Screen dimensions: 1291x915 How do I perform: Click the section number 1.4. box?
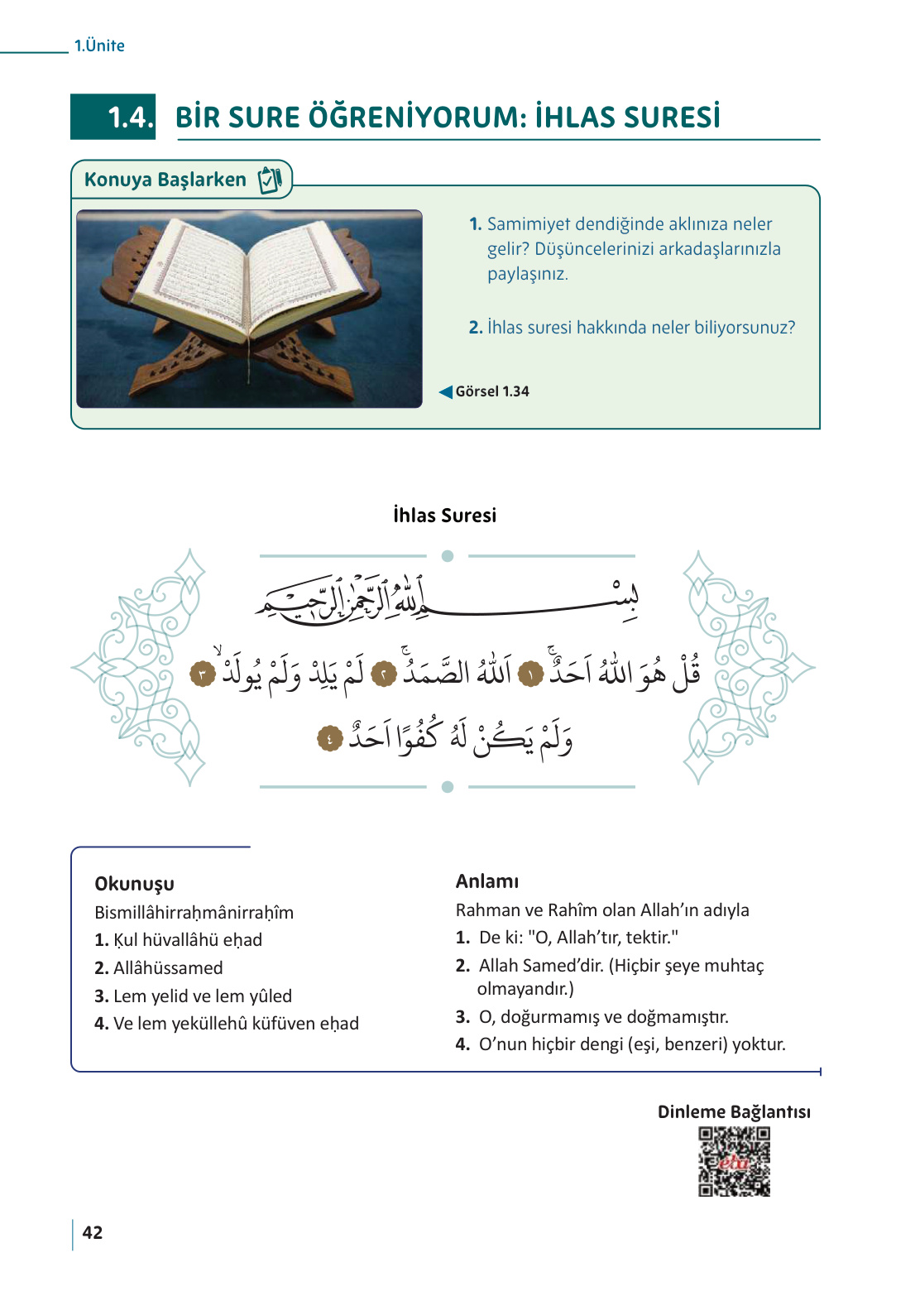113,117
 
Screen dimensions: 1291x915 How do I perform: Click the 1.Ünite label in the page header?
99,46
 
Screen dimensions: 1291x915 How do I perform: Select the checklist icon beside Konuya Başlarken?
270,180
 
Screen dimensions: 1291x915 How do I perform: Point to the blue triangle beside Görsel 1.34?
446,391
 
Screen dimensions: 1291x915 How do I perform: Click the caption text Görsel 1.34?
492,391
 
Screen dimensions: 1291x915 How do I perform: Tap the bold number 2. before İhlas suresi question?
476,328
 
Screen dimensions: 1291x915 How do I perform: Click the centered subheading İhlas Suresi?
444,516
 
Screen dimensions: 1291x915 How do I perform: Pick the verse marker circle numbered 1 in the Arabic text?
530,675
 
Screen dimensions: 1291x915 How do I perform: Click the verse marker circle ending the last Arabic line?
329,738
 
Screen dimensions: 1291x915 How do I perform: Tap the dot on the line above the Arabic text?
448,556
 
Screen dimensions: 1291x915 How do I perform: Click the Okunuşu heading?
134,884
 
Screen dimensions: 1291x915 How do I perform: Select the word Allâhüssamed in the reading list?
168,968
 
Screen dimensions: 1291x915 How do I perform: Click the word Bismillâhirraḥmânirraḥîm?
194,913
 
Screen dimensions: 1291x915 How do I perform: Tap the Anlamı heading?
487,881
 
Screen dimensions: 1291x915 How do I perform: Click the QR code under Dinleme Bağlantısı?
734,1161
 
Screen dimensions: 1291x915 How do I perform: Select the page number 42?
93,1232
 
